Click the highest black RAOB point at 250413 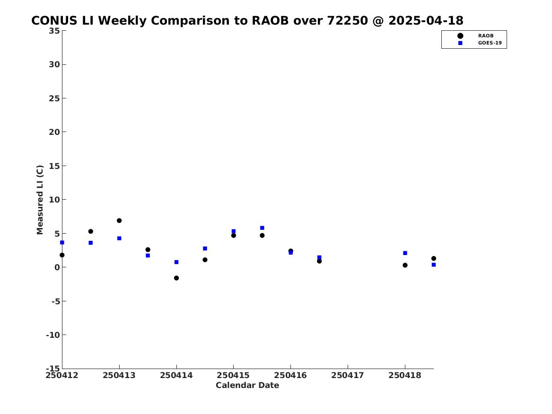119,221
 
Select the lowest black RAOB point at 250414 176,278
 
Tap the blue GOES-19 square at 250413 119,238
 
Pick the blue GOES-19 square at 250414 176,262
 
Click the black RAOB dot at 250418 405,265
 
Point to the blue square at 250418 405,253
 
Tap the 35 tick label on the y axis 54,31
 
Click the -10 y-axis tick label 53,335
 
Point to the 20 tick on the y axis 54,132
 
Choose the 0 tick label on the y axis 57,267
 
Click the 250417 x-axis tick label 348,376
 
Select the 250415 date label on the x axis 233,376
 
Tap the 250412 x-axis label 62,376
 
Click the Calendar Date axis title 247,386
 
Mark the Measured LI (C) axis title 40,200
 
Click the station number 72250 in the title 348,21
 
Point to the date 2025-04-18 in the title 426,21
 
